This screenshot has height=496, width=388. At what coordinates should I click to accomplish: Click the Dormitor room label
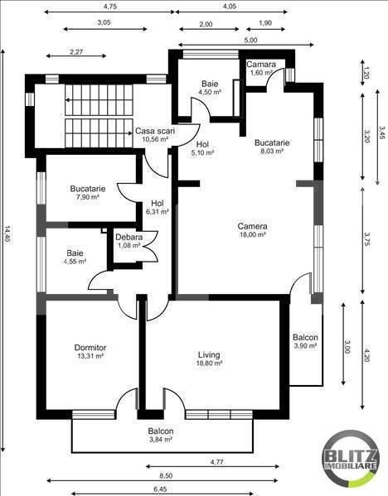90,347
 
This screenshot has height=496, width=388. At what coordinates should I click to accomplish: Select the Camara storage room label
261,64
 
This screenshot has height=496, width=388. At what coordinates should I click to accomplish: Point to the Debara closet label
129,238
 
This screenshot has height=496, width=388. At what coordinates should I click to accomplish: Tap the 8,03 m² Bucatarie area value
272,152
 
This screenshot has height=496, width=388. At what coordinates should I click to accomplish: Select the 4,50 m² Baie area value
210,93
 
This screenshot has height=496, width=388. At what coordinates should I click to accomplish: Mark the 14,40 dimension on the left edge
7,240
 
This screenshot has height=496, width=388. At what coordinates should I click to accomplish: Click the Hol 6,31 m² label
158,206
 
